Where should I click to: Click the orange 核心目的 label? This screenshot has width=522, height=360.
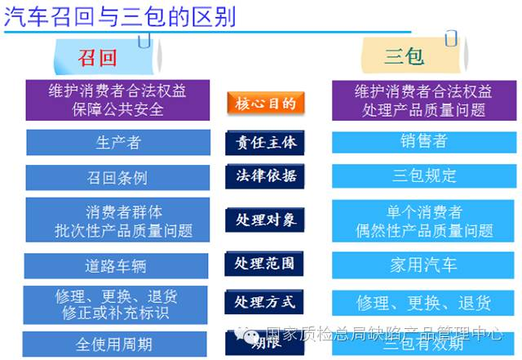[x=265, y=103]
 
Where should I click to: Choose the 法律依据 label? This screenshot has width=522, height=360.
[x=265, y=176]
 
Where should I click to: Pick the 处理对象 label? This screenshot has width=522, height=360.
[x=265, y=220]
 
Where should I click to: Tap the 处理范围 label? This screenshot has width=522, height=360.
[x=265, y=264]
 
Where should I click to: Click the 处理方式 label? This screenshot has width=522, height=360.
[x=265, y=303]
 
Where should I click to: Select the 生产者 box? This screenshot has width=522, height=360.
[x=118, y=142]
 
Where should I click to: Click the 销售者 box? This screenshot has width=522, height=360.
[x=423, y=141]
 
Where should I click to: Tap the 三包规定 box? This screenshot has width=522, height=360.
[x=423, y=176]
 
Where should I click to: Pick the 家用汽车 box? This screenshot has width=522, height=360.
[x=423, y=264]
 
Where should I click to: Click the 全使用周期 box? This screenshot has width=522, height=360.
[x=115, y=344]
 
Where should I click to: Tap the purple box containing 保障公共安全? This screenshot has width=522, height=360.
[x=118, y=100]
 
